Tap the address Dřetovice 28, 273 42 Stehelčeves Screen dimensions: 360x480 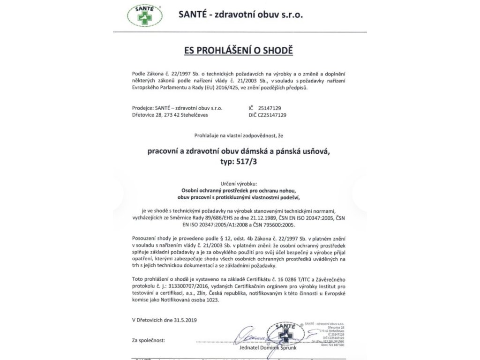pyautogui.click(x=170, y=114)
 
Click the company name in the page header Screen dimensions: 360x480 pyautogui.click(x=241, y=15)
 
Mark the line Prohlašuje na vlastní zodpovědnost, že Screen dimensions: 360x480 pyautogui.click(x=240, y=135)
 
